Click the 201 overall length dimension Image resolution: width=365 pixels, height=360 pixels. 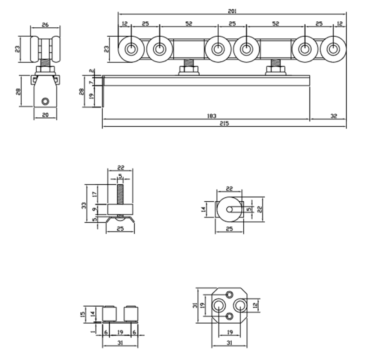coord(232,11)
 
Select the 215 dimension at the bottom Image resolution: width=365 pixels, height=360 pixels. coord(224,123)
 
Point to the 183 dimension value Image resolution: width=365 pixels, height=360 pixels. coord(212,116)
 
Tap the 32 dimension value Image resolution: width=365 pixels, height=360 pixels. coord(333,116)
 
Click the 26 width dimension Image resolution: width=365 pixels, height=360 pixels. coord(45,24)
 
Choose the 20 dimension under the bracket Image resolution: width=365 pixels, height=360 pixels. coord(45,115)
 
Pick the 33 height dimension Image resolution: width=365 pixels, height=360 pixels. coord(84,205)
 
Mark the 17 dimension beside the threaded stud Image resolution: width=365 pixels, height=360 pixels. coord(94,194)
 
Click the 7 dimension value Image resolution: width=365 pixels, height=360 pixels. coord(91,82)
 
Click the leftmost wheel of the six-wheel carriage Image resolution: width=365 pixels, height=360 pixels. coord(131,49)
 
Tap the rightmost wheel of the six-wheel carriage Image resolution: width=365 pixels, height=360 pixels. coord(333,49)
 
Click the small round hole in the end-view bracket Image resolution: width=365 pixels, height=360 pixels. coord(45,102)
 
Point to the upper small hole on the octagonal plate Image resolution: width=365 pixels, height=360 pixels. coord(230,294)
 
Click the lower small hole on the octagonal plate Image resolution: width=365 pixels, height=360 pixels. coord(230,316)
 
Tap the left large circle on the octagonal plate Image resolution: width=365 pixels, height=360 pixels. coord(219,305)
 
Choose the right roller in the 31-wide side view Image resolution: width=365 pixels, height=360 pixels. coord(131,314)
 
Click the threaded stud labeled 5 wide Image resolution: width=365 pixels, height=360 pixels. coord(120,195)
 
